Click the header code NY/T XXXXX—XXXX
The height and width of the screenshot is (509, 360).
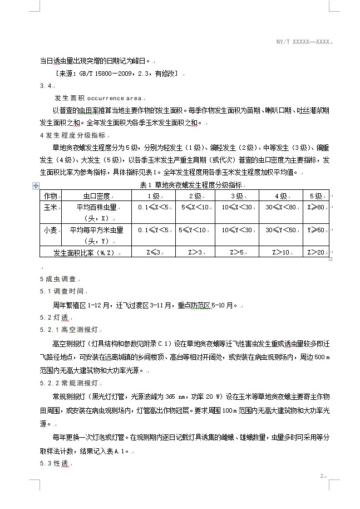[x=304, y=42]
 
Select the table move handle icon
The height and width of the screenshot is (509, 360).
[x=36, y=185]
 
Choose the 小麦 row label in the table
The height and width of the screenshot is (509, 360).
[x=50, y=230]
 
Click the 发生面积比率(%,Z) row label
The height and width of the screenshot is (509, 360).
[x=84, y=252]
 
